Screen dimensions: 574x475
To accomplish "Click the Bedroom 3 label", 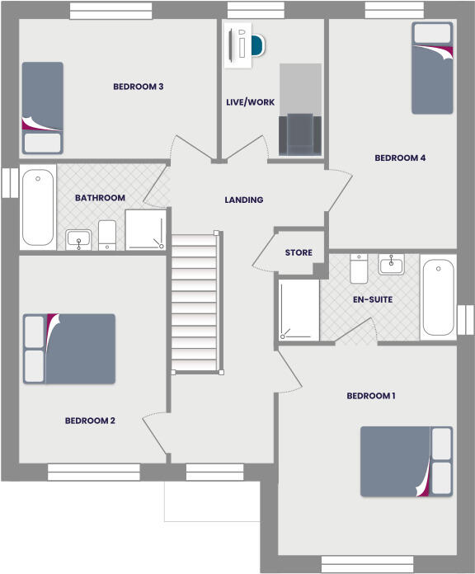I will [138, 87].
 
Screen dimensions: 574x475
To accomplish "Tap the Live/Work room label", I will [250, 102].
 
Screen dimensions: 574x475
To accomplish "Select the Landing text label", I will [244, 200].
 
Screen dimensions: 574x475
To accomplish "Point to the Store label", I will [299, 252].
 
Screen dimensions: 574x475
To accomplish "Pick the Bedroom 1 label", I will [370, 396].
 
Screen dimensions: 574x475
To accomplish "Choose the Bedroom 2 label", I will [90, 421].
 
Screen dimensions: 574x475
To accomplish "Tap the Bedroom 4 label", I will [400, 158].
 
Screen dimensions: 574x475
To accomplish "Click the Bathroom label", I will [100, 198].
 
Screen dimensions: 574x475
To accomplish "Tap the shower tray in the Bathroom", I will [145, 229].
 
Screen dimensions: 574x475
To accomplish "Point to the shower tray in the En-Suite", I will [299, 310].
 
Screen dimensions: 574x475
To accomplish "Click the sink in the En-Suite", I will [389, 264].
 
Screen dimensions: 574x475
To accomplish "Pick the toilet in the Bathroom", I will [107, 233].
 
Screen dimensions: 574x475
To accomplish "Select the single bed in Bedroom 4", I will [432, 68].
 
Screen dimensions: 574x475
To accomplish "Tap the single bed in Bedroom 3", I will [42, 107].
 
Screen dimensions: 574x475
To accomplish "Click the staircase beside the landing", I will [196, 303].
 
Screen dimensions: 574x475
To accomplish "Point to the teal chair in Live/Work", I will [257, 45].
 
